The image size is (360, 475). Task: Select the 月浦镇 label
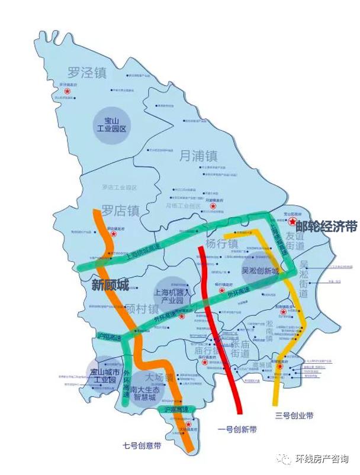point(198,156)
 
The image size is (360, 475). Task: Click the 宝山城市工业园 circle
point(104,376)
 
